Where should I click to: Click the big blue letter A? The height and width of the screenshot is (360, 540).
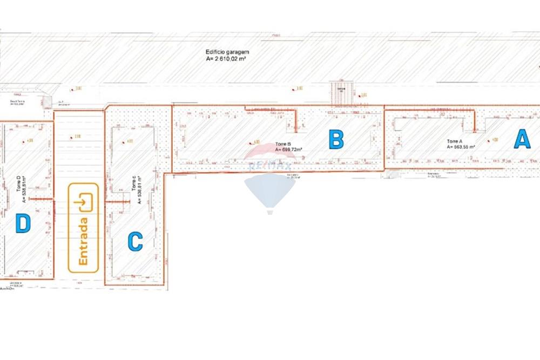522,139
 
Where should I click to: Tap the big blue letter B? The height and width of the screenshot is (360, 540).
336,140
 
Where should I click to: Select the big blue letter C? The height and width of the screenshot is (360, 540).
135,241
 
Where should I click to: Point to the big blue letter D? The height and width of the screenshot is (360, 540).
23,223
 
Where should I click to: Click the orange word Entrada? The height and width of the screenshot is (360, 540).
83,241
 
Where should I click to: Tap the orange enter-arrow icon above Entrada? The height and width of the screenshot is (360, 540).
83,203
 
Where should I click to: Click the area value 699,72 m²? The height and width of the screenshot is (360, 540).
289,150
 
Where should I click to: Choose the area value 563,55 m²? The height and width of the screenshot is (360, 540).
461,147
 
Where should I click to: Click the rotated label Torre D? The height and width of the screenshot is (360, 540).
18,183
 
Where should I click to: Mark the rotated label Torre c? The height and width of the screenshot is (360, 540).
134,184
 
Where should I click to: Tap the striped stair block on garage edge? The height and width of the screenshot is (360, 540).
341,93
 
